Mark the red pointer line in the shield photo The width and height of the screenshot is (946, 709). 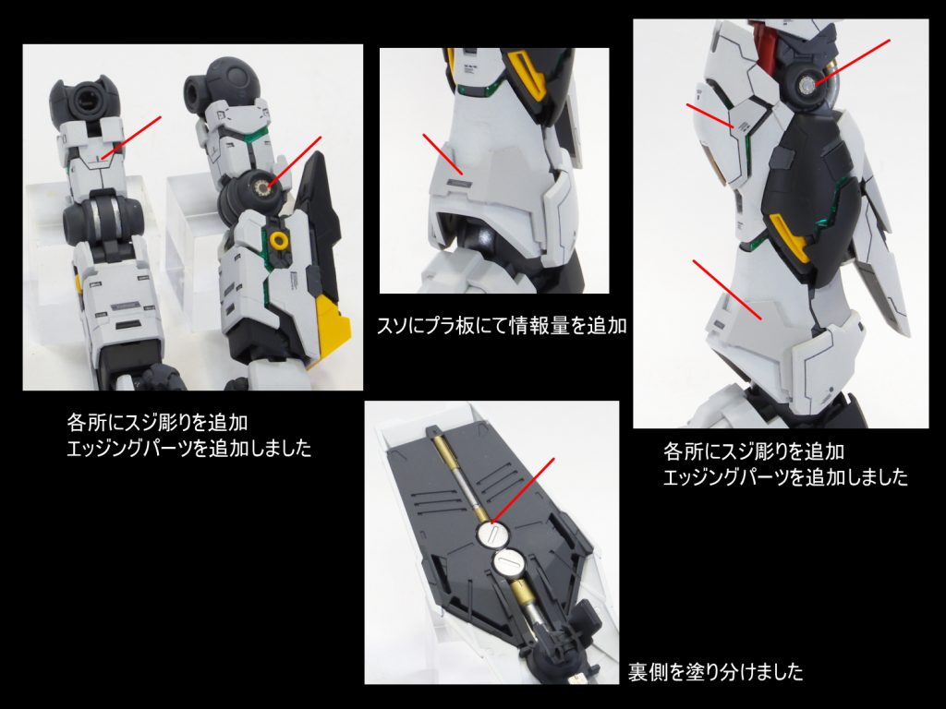pos(525,488)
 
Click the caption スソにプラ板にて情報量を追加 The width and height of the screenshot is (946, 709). pos(495,325)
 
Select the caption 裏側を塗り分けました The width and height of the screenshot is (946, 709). pos(715,671)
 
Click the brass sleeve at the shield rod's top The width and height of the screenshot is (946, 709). pos(445,448)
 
